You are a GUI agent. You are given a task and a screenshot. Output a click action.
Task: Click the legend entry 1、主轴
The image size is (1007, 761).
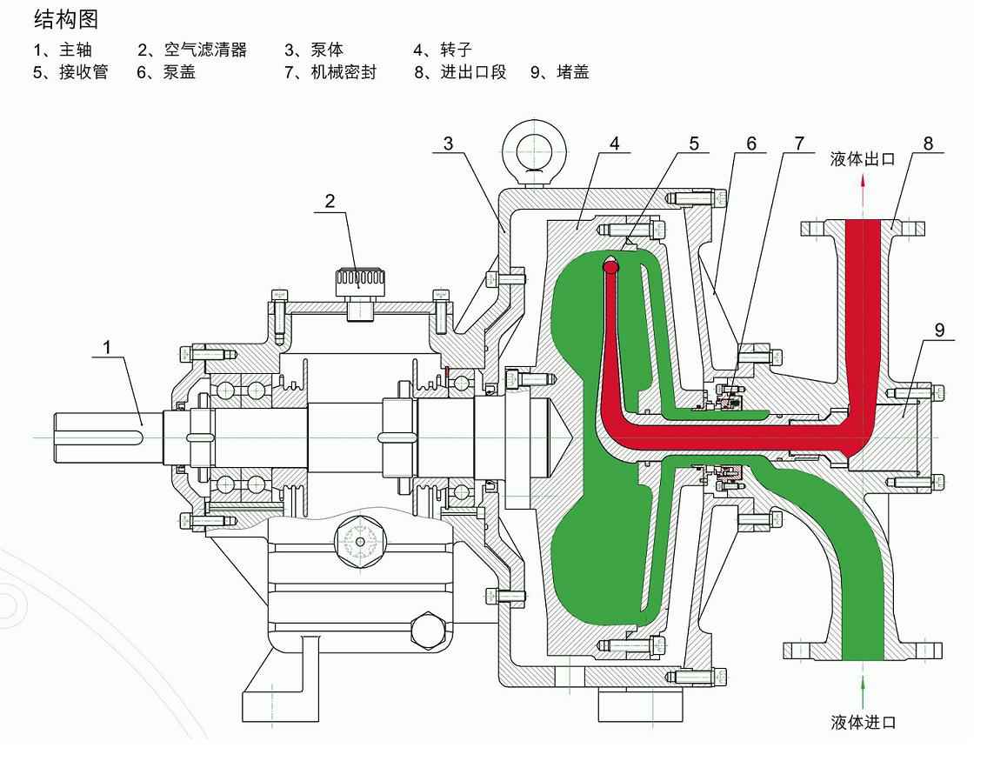tap(63, 50)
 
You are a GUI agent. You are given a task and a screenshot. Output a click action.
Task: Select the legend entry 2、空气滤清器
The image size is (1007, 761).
tap(192, 50)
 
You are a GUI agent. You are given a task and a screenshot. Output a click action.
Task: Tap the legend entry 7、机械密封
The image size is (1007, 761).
tap(330, 72)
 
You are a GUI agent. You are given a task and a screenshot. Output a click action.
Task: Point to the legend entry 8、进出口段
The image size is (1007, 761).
tap(460, 72)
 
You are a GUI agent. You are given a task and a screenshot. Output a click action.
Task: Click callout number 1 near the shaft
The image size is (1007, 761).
tap(108, 347)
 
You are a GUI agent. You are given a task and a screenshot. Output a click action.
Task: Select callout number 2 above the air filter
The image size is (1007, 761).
tap(330, 201)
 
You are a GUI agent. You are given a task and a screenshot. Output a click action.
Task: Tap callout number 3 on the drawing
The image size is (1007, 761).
tap(448, 143)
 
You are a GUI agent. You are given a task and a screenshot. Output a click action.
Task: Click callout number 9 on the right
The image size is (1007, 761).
tap(938, 330)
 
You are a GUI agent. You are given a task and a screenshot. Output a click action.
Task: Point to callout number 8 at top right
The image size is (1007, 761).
tap(928, 143)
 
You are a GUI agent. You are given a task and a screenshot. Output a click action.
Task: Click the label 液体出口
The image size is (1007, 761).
tap(862, 159)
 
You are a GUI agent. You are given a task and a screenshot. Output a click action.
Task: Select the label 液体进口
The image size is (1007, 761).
tap(863, 722)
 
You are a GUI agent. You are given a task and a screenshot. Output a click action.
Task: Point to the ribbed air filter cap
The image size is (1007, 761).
tap(357, 279)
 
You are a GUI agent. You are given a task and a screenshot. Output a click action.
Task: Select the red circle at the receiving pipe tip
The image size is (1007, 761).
tap(611, 269)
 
